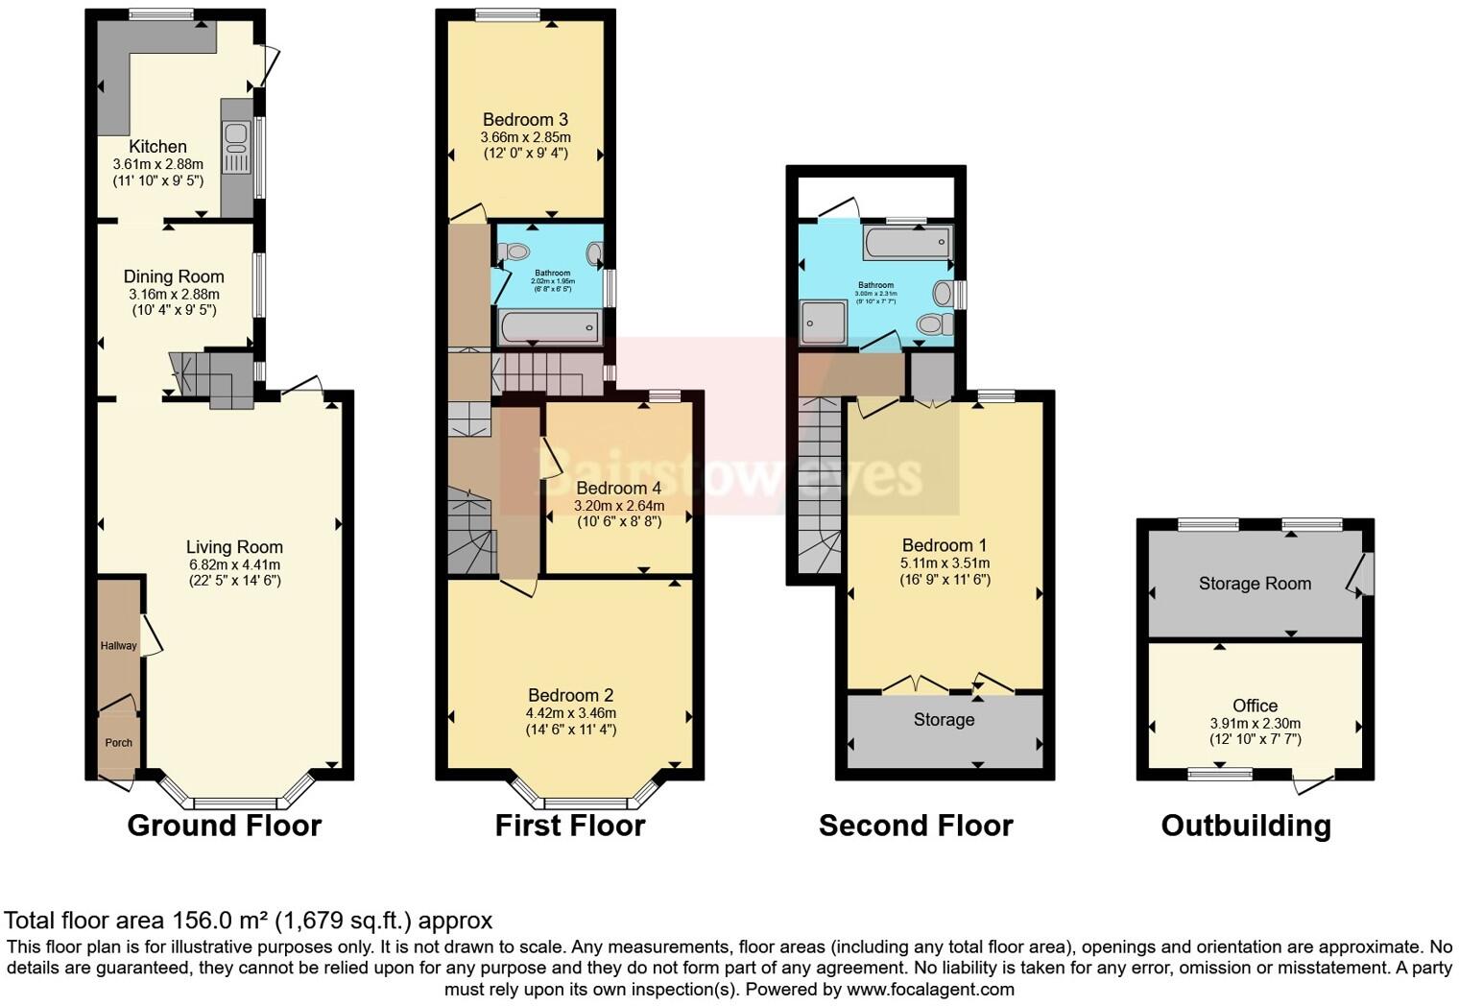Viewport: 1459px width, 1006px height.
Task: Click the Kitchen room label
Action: [x=157, y=147]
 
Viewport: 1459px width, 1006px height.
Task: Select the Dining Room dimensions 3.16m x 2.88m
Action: [x=174, y=295]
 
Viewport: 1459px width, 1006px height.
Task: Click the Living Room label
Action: [x=234, y=547]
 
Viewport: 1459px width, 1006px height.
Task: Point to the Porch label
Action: [x=118, y=743]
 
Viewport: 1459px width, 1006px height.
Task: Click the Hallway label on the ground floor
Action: [x=119, y=646]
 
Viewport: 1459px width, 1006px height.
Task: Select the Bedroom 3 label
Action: [x=525, y=120]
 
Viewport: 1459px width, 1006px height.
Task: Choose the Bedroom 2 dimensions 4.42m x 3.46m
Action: [x=571, y=713]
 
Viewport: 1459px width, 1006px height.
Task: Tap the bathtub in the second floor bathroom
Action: [x=907, y=243]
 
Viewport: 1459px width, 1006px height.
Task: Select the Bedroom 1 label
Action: [x=945, y=545]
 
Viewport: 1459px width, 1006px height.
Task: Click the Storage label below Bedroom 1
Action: [x=944, y=720]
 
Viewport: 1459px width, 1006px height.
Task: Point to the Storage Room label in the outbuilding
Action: [x=1255, y=584]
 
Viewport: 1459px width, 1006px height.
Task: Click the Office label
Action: [x=1255, y=706]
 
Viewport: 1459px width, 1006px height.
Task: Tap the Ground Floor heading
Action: [x=224, y=826]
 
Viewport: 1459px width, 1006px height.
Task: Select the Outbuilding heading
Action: [x=1246, y=826]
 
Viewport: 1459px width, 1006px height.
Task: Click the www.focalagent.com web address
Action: [x=930, y=989]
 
